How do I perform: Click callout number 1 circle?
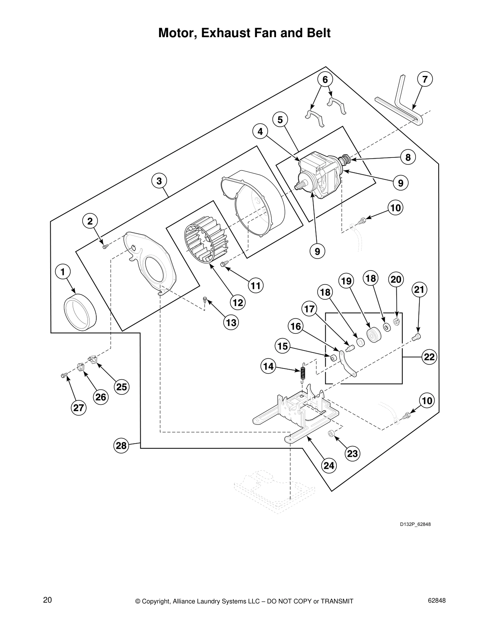[x=62, y=272]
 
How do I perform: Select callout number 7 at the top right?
[x=425, y=80]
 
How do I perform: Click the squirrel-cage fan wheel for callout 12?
[x=205, y=244]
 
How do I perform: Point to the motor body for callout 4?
[x=320, y=176]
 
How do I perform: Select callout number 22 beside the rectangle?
[x=429, y=357]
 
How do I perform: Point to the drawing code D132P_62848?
[x=415, y=524]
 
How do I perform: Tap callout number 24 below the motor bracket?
[x=329, y=466]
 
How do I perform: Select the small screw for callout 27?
[x=63, y=375]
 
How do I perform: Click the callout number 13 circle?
[x=231, y=322]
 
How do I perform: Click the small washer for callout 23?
[x=331, y=434]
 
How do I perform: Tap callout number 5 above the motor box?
[x=280, y=119]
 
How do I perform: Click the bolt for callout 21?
[x=417, y=336]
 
